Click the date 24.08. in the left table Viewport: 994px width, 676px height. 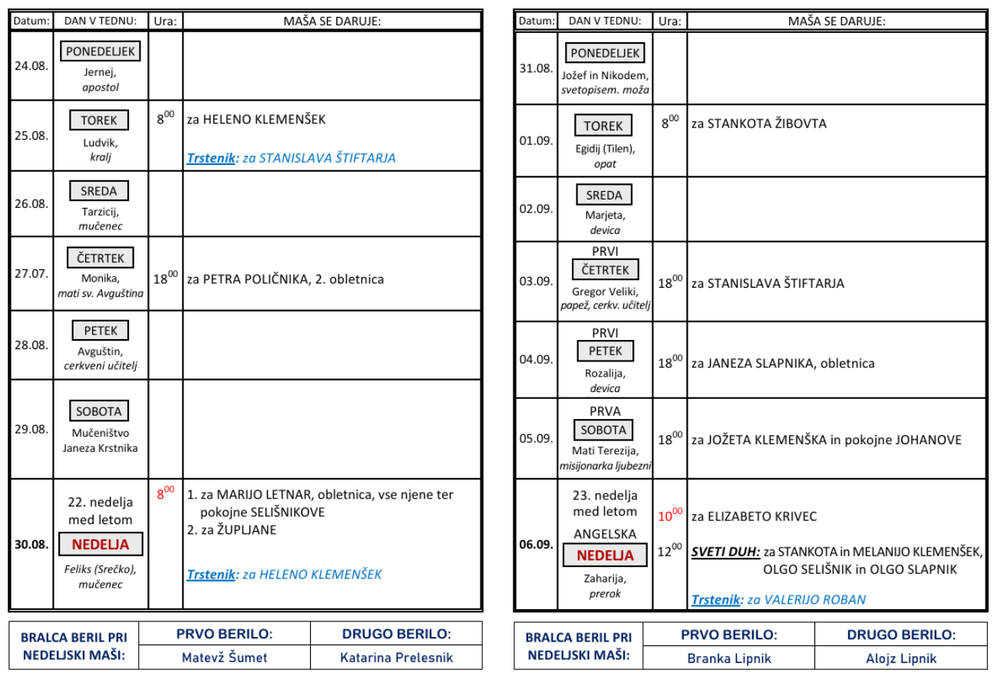pyautogui.click(x=31, y=66)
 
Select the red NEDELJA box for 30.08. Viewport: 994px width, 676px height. pyautogui.click(x=101, y=544)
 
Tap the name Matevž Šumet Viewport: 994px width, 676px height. pyautogui.click(x=225, y=657)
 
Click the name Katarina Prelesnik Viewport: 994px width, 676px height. pyautogui.click(x=396, y=657)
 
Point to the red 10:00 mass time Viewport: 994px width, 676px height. pyautogui.click(x=670, y=515)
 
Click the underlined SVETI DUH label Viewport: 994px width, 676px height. pyautogui.click(x=725, y=552)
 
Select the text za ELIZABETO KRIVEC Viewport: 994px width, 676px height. pyautogui.click(x=754, y=516)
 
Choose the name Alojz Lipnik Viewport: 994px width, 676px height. pyautogui.click(x=901, y=658)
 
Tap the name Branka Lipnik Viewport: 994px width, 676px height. pyautogui.click(x=729, y=658)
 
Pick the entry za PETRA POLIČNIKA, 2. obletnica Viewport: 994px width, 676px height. pyautogui.click(x=286, y=279)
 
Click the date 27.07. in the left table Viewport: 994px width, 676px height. pyautogui.click(x=31, y=273)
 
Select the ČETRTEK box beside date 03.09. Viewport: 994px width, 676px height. pyautogui.click(x=606, y=269)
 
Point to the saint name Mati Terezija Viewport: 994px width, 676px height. pyautogui.click(x=606, y=450)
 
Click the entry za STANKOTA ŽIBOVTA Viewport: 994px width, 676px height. pyautogui.click(x=759, y=124)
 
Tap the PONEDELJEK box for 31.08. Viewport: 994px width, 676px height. pyautogui.click(x=605, y=53)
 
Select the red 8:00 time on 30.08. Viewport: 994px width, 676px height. pyautogui.click(x=166, y=493)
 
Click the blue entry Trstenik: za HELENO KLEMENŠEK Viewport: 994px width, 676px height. pyautogui.click(x=284, y=574)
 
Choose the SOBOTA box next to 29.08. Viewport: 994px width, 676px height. pyautogui.click(x=99, y=411)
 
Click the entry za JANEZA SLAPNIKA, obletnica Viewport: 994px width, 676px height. pyautogui.click(x=783, y=363)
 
